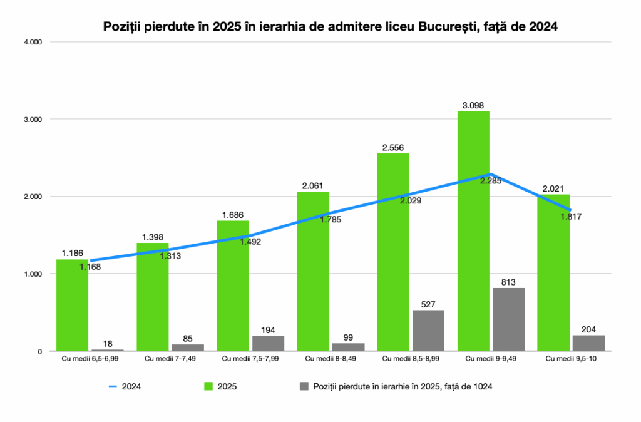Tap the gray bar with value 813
pyautogui.click(x=508, y=319)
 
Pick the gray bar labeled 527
pyautogui.click(x=428, y=331)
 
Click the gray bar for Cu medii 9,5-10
pyautogui.click(x=588, y=343)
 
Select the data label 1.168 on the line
pyautogui.click(x=90, y=267)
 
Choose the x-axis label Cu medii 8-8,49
pyautogui.click(x=329, y=359)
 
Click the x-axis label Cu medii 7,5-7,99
pyautogui.click(x=249, y=359)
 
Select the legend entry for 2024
pyautogui.click(x=125, y=386)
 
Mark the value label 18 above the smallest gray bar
pyautogui.click(x=108, y=344)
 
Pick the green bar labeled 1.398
pyautogui.click(x=153, y=297)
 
